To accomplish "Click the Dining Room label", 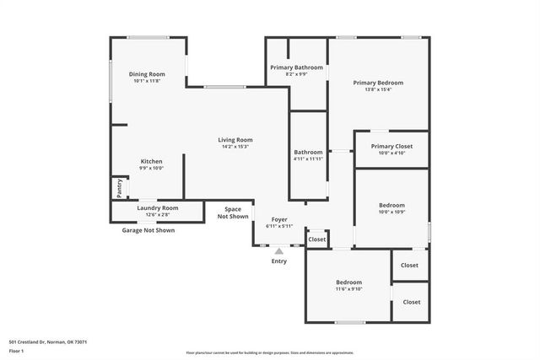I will (147, 74).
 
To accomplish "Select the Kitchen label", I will (151, 161).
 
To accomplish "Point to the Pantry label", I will (119, 188).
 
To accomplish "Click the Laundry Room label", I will (158, 207).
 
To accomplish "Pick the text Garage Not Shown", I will (148, 230).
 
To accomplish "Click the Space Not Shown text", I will (233, 212).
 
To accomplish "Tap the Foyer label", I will (278, 219).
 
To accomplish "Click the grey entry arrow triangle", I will (279, 250).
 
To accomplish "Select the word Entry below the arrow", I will (279, 261).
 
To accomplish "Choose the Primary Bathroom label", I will (296, 67).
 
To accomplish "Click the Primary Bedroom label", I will (378, 83).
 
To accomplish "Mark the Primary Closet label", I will (392, 146).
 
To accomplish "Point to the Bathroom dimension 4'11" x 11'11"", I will (308, 159).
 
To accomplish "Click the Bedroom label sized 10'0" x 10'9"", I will (391, 205).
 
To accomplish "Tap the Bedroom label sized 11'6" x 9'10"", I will (348, 282).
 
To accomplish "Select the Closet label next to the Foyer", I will (317, 239).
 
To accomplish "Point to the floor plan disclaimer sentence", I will (270, 353).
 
